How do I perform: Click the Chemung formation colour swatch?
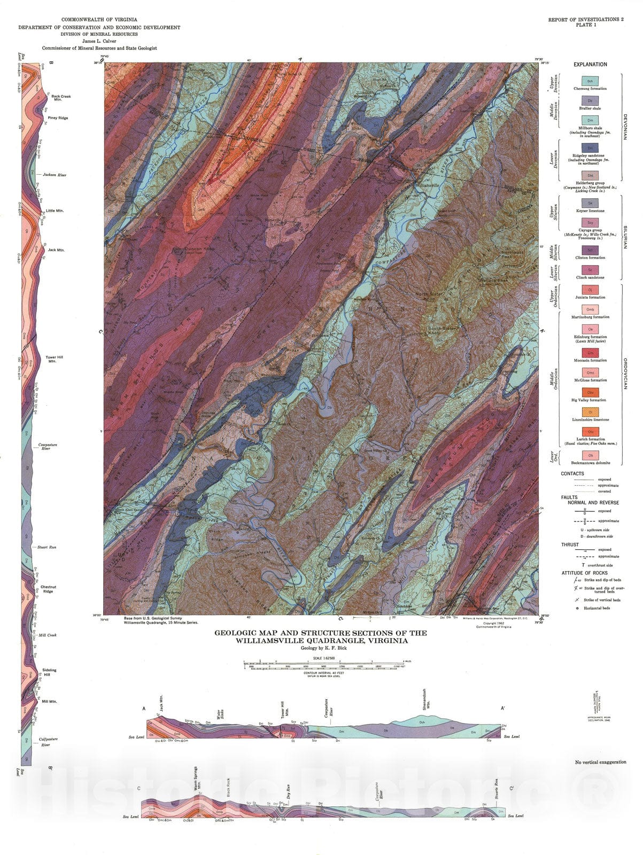coord(590,81)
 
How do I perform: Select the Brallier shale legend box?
coord(590,100)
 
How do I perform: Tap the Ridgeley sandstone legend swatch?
coord(590,147)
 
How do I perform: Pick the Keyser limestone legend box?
coord(590,203)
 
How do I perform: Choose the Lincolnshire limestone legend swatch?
coord(590,412)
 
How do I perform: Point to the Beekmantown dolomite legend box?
coord(590,455)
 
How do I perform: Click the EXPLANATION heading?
coord(590,65)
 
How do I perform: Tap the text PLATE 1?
coord(586,25)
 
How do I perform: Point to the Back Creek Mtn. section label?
coord(61,98)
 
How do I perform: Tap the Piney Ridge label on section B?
coord(58,118)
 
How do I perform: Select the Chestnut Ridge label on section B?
coord(48,589)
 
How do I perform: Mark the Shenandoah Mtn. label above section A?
coord(425,697)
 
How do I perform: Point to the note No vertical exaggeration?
coord(600,762)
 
